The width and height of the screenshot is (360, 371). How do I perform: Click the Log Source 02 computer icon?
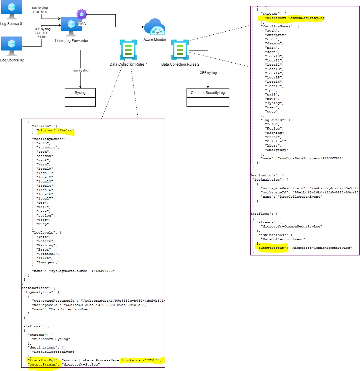12,46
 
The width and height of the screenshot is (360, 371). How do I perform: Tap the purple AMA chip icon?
81,14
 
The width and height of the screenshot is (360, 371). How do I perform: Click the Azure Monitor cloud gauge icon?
155,27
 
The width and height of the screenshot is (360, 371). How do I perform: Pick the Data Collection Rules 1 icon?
128,50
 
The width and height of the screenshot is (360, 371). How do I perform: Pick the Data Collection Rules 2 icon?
180,50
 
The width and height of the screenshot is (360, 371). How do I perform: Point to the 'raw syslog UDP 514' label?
40,10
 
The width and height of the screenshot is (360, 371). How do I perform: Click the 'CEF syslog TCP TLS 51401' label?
42,33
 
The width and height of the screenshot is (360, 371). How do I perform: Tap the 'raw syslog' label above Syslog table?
81,70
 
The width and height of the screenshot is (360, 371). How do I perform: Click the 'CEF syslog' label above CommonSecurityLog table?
208,73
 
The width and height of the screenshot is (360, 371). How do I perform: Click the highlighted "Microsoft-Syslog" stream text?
55,130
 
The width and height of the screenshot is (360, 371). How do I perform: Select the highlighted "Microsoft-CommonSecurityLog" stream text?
295,18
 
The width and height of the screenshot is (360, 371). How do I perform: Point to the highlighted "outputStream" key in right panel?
271,248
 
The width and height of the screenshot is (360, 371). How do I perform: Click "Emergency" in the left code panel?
48,262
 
